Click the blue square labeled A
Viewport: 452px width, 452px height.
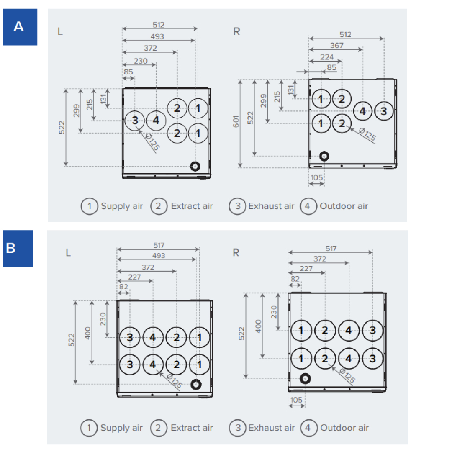(x=20, y=27)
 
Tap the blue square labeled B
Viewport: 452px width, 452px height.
(x=18, y=248)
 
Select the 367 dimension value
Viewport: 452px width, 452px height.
(x=336, y=46)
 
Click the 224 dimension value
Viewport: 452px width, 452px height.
(x=327, y=57)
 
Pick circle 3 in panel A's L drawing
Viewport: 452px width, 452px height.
(x=135, y=121)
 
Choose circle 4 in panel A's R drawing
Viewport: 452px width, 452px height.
(x=362, y=111)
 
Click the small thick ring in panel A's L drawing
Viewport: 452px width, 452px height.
(x=195, y=166)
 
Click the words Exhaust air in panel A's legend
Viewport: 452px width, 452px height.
(x=271, y=206)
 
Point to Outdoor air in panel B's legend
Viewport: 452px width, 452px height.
(x=344, y=428)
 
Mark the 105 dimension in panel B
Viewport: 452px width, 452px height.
(x=296, y=400)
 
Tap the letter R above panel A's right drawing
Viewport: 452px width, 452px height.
(x=236, y=32)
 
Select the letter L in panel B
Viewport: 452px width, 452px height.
(x=68, y=253)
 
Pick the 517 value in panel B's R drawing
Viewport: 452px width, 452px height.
(x=331, y=249)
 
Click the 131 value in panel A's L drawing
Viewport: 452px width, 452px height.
(x=103, y=98)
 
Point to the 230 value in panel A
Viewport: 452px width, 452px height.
(x=141, y=61)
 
